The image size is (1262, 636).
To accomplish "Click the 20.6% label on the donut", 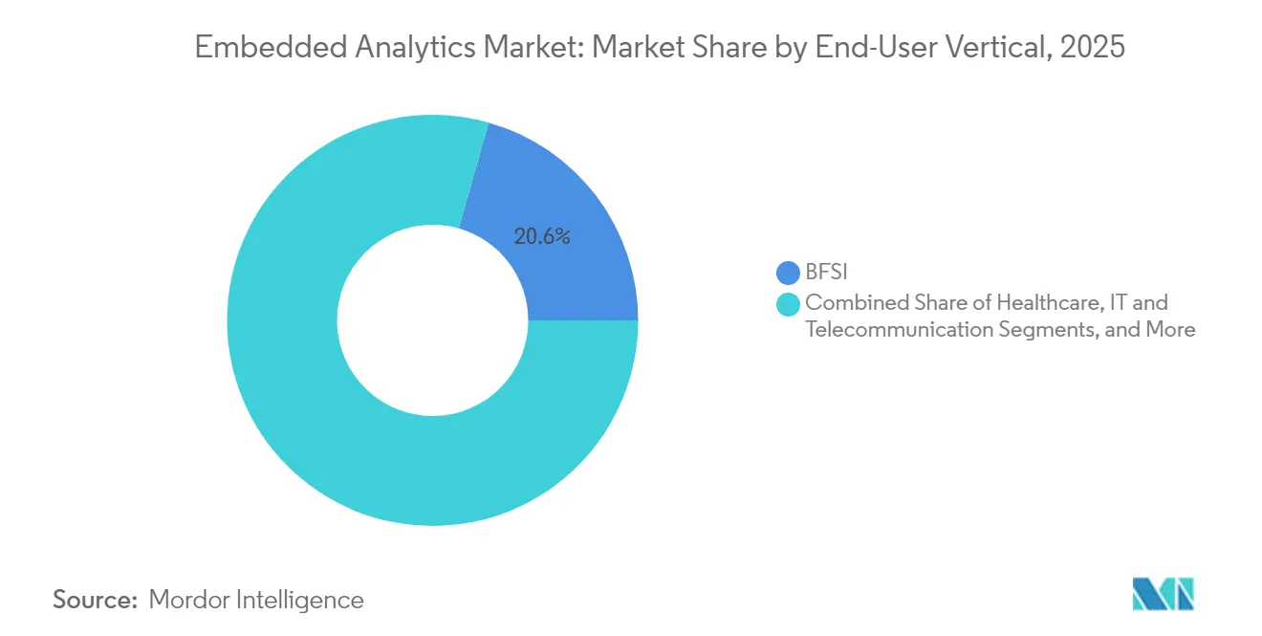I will [x=542, y=237].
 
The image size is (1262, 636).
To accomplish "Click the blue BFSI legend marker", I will [x=789, y=274].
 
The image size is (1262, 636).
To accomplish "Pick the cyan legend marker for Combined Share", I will [x=789, y=304].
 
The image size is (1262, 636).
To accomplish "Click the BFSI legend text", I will [x=827, y=274].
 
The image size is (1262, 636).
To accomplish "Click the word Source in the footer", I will [x=95, y=600].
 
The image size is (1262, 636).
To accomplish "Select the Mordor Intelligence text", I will [x=256, y=600].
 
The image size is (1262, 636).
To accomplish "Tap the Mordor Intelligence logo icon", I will [x=1163, y=594].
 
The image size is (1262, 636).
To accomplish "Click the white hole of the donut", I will [x=432, y=320].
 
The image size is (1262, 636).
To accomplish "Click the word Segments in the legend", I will [x=1038, y=330].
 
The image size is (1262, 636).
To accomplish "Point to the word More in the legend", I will [x=1164, y=330].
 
